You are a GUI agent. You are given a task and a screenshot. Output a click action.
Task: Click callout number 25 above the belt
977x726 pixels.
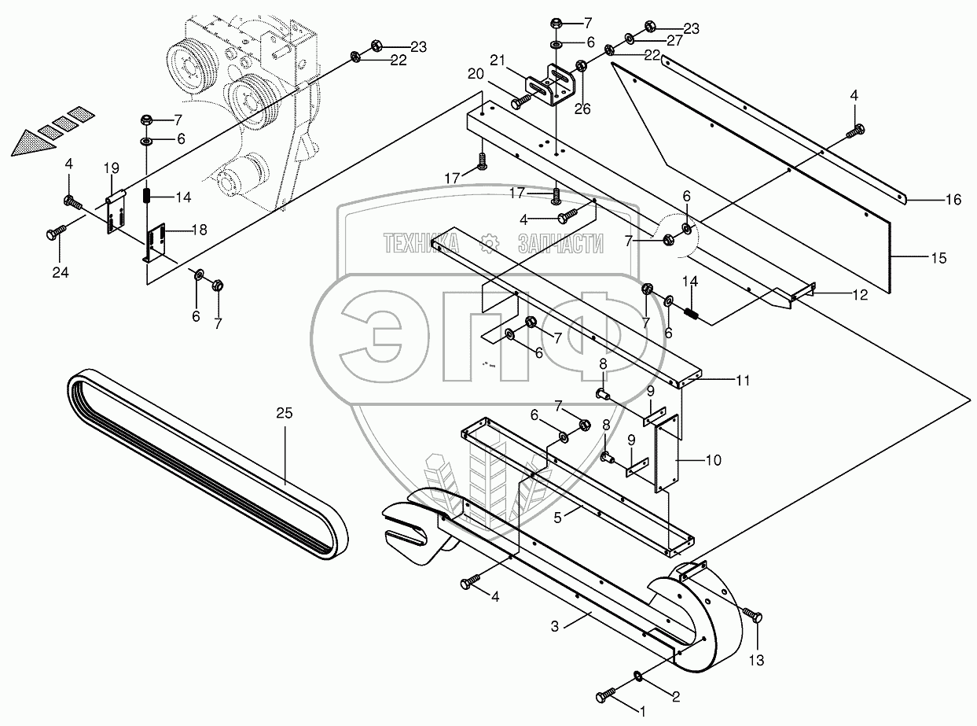[284, 411]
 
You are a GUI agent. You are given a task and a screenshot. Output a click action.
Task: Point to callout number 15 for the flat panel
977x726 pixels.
[938, 257]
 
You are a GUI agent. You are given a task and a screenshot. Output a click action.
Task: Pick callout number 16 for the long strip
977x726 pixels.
[952, 201]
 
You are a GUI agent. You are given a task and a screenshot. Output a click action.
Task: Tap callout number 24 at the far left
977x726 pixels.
[61, 273]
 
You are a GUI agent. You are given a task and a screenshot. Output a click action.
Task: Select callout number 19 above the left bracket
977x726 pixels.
[111, 168]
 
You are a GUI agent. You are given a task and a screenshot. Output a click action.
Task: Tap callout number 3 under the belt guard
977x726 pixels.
[554, 627]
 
